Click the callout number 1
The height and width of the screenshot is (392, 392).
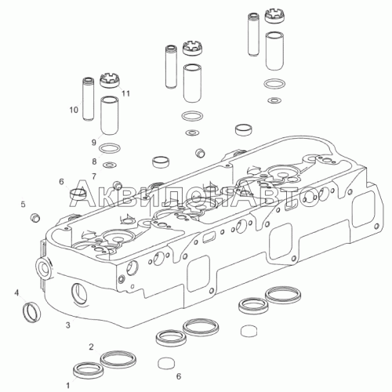point(68,386)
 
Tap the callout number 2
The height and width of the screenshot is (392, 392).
point(91,347)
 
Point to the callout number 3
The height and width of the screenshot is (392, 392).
point(68,325)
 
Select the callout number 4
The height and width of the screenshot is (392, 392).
point(16,293)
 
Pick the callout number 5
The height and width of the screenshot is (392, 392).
point(24,204)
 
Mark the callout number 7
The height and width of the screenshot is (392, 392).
point(94,176)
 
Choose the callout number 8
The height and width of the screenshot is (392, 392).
point(94,162)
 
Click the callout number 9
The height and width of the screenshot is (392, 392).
point(94,143)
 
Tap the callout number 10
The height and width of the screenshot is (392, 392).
point(74,110)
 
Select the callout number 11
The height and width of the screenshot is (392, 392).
point(126,93)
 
